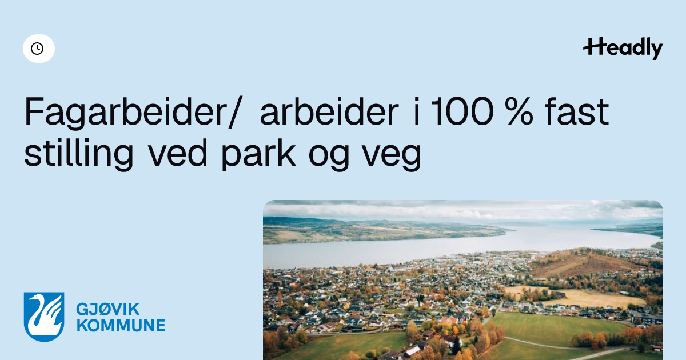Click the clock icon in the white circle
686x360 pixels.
pyautogui.click(x=37, y=49)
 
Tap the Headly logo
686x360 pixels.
pyautogui.click(x=623, y=49)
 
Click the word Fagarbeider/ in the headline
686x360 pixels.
pyautogui.click(x=134, y=111)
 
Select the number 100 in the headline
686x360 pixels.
pyautogui.click(x=462, y=111)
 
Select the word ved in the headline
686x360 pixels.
pyautogui.click(x=178, y=152)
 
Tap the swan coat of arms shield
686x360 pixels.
pyautogui.click(x=44, y=317)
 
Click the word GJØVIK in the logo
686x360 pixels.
pyautogui.click(x=108, y=309)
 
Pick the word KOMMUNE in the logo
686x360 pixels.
pyautogui.click(x=121, y=325)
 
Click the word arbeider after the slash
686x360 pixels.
pyautogui.click(x=329, y=111)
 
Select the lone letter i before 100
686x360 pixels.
pyautogui.click(x=416, y=111)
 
